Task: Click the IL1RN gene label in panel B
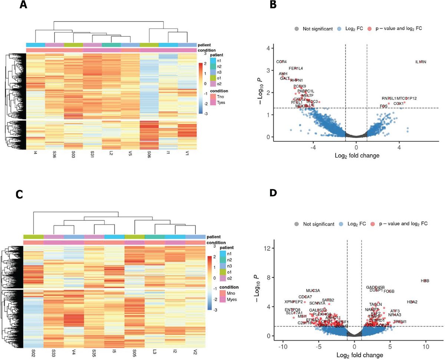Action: pyautogui.click(x=421, y=62)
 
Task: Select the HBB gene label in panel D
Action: pyautogui.click(x=425, y=281)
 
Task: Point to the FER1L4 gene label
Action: pyautogui.click(x=296, y=68)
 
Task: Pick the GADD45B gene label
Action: pyautogui.click(x=375, y=287)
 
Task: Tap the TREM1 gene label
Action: pyautogui.click(x=400, y=321)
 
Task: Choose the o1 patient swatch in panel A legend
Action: pyautogui.click(x=203, y=77)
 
